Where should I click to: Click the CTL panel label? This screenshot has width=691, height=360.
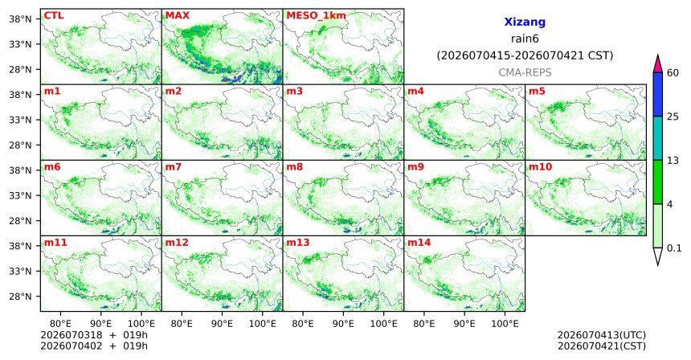pyautogui.click(x=54, y=16)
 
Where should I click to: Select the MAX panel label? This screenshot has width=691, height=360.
pyautogui.click(x=177, y=16)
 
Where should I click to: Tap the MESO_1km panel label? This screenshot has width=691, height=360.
pyautogui.click(x=316, y=16)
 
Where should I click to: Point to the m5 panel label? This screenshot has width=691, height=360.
pyautogui.click(x=537, y=92)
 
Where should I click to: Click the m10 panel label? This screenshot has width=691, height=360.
pyautogui.click(x=540, y=167)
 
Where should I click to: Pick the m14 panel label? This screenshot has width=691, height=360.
pyautogui.click(x=419, y=243)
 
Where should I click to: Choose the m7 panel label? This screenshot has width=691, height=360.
pyautogui.click(x=174, y=167)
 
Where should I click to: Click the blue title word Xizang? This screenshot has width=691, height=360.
pyautogui.click(x=525, y=22)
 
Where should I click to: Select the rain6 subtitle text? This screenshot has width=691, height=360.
pyautogui.click(x=525, y=39)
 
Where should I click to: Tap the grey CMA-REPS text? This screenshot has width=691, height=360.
pyautogui.click(x=525, y=72)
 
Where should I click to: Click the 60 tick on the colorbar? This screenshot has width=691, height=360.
pyautogui.click(x=673, y=72)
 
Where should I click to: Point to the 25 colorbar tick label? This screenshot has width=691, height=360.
pyautogui.click(x=673, y=117)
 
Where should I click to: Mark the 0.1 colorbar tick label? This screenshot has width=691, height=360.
pyautogui.click(x=674, y=248)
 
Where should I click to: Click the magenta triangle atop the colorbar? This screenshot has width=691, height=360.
pyautogui.click(x=658, y=64)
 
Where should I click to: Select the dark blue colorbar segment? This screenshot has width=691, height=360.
pyautogui.click(x=658, y=94)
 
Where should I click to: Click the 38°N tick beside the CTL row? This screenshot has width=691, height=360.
pyautogui.click(x=20, y=19)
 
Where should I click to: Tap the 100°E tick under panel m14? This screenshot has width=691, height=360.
pyautogui.click(x=505, y=324)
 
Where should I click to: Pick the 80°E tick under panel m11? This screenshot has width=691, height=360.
pyautogui.click(x=60, y=324)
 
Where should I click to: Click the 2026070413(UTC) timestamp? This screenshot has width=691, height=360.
pyautogui.click(x=602, y=336)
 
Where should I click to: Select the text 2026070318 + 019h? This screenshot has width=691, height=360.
pyautogui.click(x=94, y=335)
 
